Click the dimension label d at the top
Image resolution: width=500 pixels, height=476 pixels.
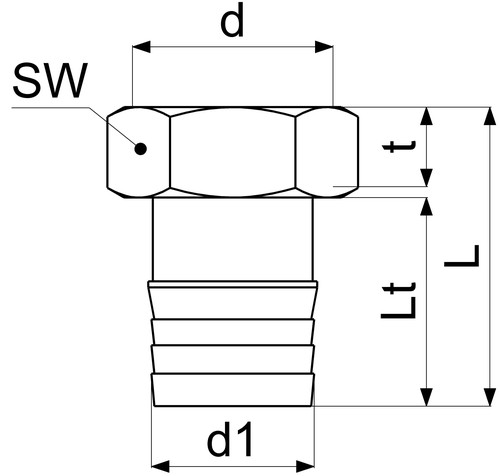pos(232,21)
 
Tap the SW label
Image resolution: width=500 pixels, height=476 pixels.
pos(50,81)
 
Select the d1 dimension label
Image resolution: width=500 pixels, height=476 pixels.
pos(230,439)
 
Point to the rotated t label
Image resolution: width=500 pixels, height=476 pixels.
pos(399,147)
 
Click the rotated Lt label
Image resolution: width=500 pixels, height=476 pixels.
pos(399,300)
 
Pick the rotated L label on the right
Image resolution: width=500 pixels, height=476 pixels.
pos(462,256)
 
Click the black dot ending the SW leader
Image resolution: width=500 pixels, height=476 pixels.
pos(141,149)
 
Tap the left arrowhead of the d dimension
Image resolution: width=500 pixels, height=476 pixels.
pos(141,47)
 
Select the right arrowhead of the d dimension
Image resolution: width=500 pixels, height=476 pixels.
pos(324,47)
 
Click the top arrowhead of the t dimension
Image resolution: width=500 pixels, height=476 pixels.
pos(427,116)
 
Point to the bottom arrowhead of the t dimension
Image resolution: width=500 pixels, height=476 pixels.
pos(427,178)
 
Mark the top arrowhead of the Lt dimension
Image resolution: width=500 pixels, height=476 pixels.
pos(427,206)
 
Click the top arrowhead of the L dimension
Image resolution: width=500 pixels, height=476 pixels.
pos(490,116)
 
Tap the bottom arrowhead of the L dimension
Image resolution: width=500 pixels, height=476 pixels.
pos(490,397)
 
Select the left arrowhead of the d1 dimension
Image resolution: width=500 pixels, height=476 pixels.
pos(160,466)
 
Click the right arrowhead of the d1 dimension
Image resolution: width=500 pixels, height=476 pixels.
pos(305,466)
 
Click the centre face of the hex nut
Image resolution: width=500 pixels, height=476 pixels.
pos(233,152)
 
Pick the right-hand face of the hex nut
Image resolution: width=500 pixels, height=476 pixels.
pos(327,152)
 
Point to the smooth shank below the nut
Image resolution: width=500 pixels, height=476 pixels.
pos(233,239)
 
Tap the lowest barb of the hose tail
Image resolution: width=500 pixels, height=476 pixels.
pos(233,390)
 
